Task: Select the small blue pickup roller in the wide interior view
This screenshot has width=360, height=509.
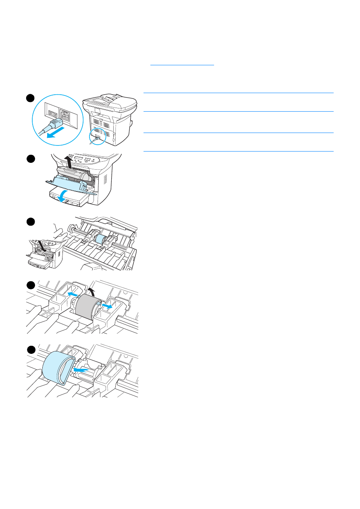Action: tap(100, 239)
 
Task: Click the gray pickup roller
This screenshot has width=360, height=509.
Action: tap(86, 306)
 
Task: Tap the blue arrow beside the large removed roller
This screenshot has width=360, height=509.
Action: tap(81, 368)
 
